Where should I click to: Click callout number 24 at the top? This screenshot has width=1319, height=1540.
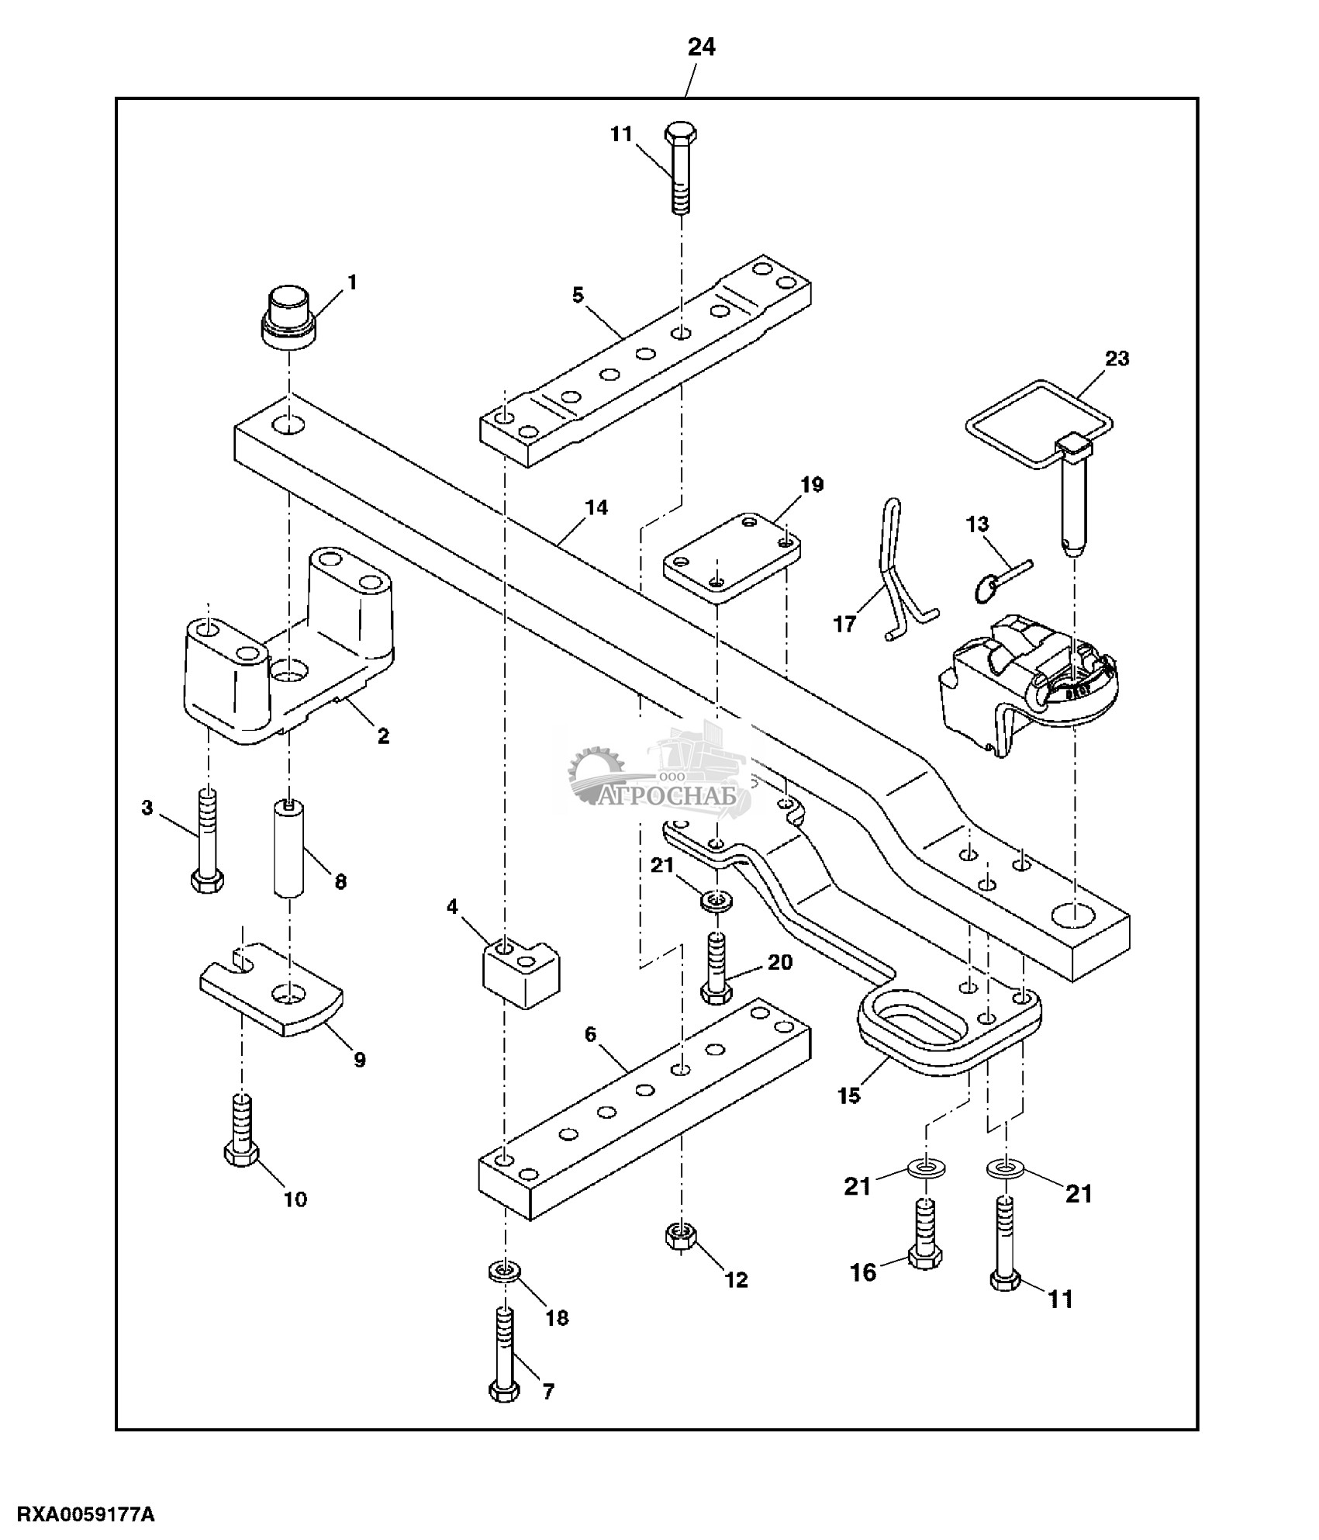[701, 48]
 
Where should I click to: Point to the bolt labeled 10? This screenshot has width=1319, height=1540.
[241, 1132]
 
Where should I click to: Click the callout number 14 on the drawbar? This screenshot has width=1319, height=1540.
[596, 508]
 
